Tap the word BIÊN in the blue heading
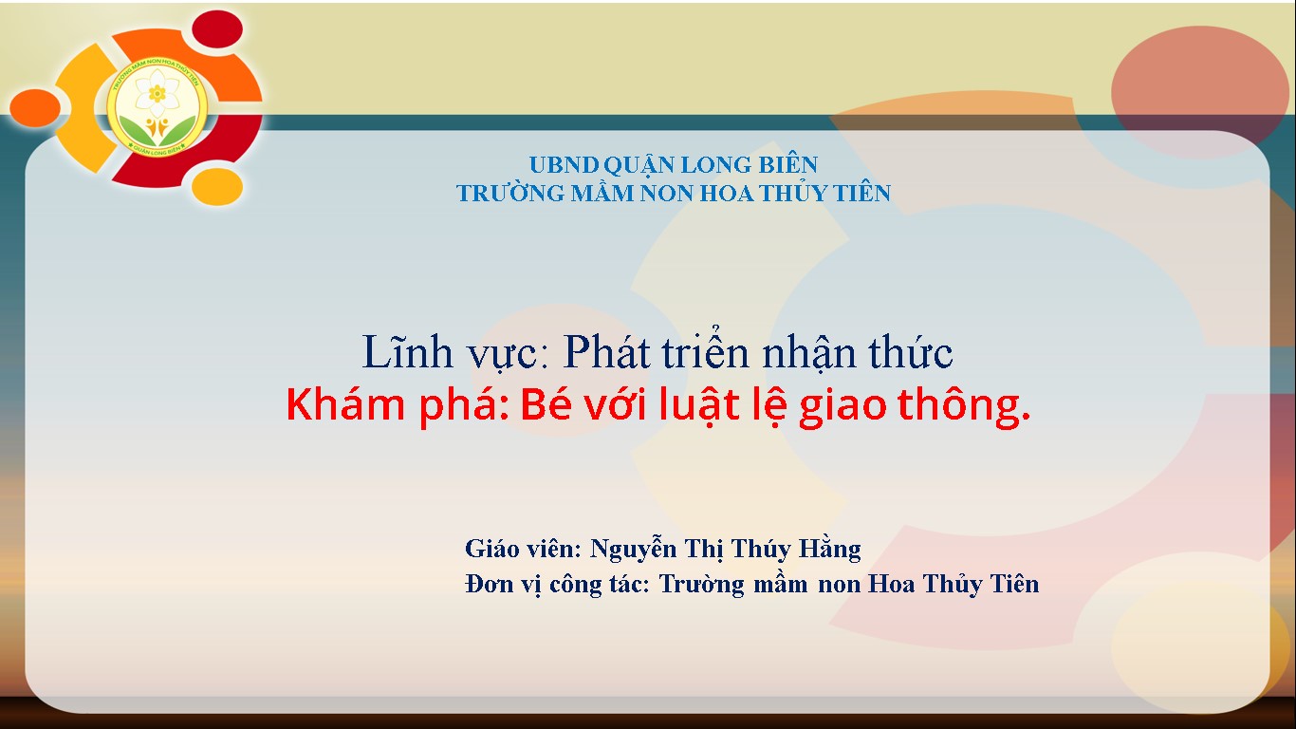[x=788, y=165]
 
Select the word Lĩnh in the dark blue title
[x=407, y=351]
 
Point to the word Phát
[x=607, y=351]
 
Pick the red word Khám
[x=345, y=404]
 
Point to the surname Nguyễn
[x=633, y=549]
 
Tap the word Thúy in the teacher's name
[x=760, y=549]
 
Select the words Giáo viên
[x=523, y=549]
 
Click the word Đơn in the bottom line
[x=489, y=584]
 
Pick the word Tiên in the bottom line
[x=1015, y=584]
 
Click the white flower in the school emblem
[x=157, y=93]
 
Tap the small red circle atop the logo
[x=217, y=29]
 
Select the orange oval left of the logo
[x=35, y=108]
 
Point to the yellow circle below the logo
[x=217, y=186]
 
